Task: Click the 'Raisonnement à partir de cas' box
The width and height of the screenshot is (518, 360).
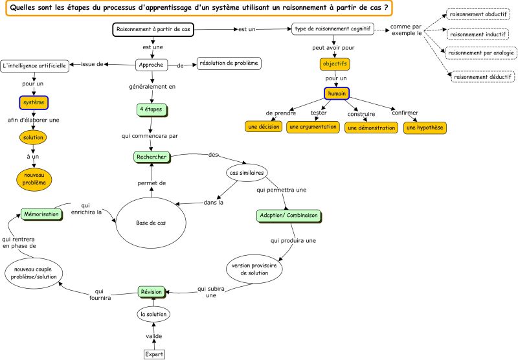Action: tap(153, 30)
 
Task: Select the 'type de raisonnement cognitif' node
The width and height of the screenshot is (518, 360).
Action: tap(333, 30)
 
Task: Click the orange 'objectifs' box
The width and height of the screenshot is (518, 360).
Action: tap(335, 64)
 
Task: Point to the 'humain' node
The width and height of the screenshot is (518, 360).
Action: tap(337, 93)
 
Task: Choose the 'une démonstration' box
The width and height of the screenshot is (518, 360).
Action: tap(370, 128)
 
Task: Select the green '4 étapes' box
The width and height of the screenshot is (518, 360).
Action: tap(152, 110)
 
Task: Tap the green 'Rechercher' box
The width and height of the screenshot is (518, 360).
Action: tap(152, 157)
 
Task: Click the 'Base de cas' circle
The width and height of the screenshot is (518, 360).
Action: tap(151, 223)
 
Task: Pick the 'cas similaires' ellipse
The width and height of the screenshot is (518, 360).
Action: tap(246, 174)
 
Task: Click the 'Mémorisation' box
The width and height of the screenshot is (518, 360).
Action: tap(41, 214)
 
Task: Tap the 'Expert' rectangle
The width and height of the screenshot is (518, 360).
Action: tap(154, 354)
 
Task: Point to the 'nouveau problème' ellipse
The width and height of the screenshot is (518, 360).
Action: tap(34, 179)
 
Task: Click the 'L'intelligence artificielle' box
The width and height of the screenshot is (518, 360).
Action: tap(34, 66)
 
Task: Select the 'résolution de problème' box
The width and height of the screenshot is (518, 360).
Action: tap(229, 63)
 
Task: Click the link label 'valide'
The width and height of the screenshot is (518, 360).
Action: tap(154, 336)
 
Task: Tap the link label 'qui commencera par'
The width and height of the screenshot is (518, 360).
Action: tap(150, 136)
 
